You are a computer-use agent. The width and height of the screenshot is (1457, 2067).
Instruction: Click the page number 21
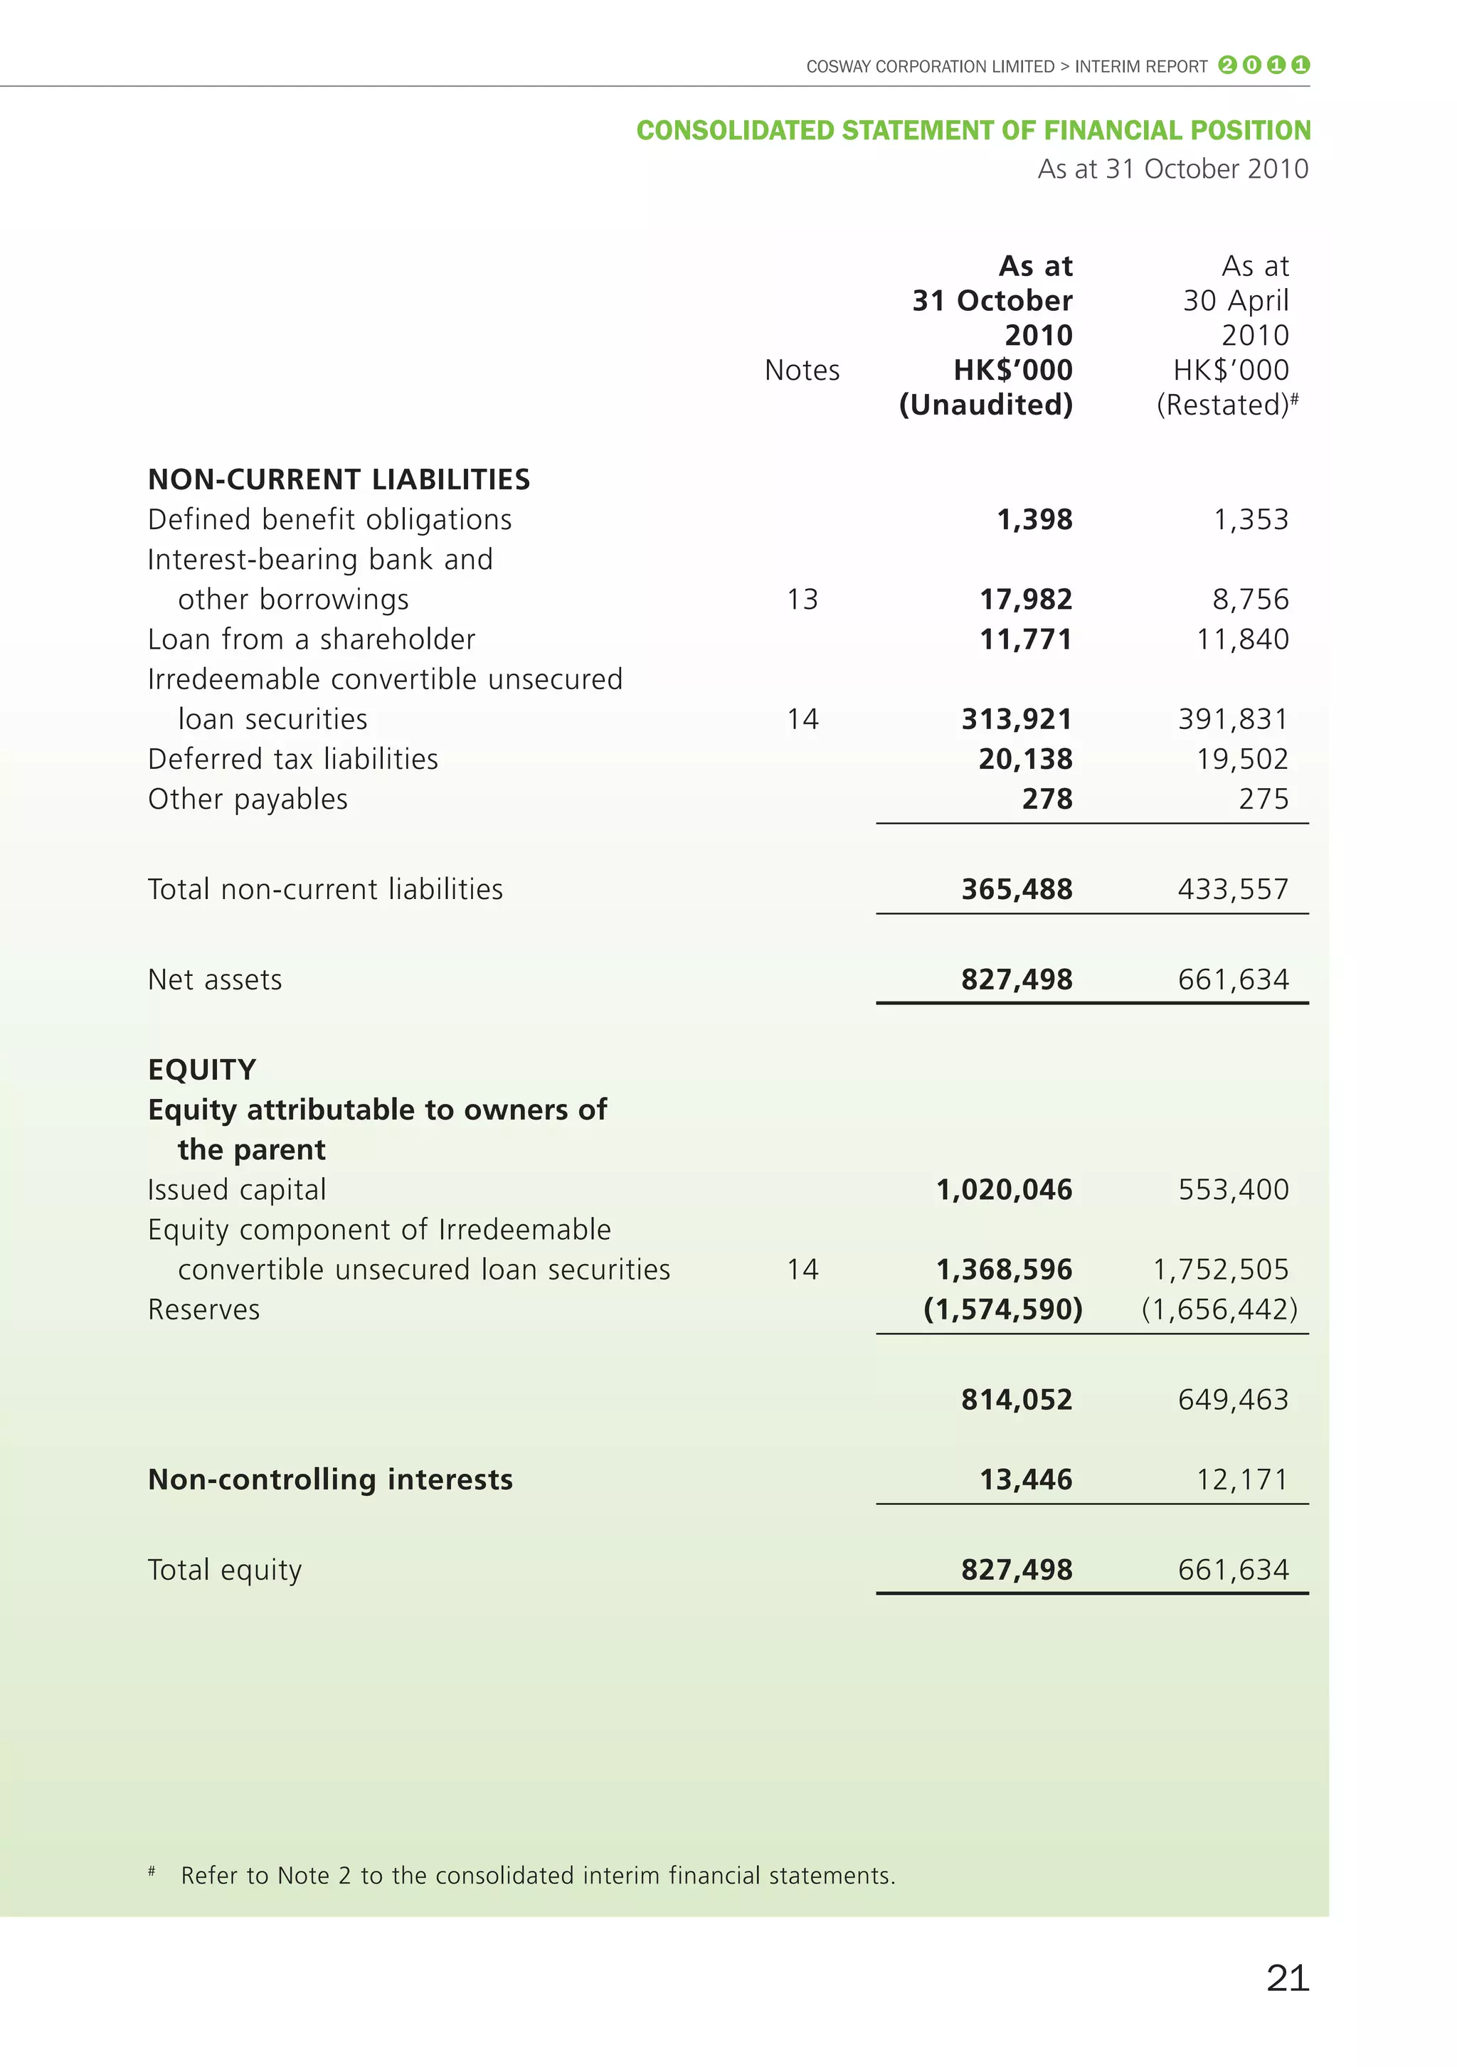pos(1287,1978)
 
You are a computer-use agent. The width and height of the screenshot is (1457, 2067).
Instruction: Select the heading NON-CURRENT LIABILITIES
pos(339,479)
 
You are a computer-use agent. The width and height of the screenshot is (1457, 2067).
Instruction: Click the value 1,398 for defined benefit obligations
pos(1034,519)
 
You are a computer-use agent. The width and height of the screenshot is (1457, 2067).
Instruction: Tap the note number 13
pos(802,600)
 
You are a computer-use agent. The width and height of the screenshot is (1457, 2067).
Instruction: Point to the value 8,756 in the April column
pos(1250,600)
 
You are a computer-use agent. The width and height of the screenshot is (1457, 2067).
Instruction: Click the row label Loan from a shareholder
pos(311,639)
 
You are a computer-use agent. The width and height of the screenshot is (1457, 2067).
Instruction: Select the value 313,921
pos(1016,719)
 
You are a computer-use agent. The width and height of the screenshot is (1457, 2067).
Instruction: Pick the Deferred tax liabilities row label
pos(292,759)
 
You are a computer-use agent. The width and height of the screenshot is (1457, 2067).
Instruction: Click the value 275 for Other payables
pos(1263,799)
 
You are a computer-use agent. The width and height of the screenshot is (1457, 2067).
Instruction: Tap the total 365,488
pos(1016,889)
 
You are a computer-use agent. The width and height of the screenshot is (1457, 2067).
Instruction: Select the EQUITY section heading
pos(202,1070)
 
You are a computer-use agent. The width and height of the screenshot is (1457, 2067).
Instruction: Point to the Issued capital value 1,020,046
pos(1003,1190)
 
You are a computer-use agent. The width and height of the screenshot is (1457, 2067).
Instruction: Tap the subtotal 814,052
pos(1016,1400)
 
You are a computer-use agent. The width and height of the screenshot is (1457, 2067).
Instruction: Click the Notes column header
pos(802,370)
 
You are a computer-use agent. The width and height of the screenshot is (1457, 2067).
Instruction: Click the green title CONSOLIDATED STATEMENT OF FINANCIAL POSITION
pos(973,131)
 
